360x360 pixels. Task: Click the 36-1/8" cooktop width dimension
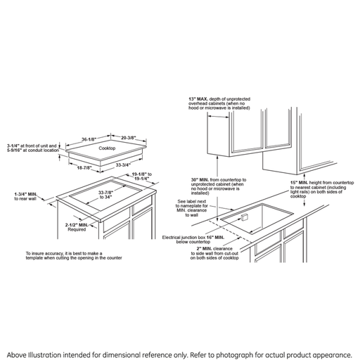coord(89,139)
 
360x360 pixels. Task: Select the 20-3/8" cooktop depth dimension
coord(129,138)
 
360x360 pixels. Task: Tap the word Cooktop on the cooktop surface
coord(107,148)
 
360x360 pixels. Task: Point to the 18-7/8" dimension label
coord(84,168)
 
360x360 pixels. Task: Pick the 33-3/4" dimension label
coord(123,165)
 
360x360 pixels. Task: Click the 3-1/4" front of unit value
coord(13,146)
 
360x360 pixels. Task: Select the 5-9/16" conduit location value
coord(15,150)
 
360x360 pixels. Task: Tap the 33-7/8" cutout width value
coord(105,193)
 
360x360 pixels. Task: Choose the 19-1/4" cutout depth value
coord(141,179)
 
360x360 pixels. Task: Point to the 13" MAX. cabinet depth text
coord(219,103)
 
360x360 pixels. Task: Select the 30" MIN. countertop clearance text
coord(219,186)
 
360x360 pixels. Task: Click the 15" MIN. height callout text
coord(322,189)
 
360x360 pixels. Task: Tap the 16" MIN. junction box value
coord(215,238)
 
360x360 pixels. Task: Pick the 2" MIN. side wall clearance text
coord(214,253)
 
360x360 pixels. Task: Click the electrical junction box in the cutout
coord(244,217)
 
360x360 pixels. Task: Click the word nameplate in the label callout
coord(194,206)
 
